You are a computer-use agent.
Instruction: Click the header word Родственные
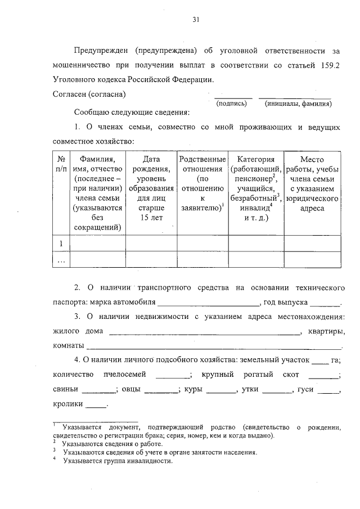[202, 159]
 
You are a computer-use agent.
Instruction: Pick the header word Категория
[255, 159]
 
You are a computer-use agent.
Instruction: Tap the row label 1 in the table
[61, 243]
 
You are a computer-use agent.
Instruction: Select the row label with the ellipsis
[61, 260]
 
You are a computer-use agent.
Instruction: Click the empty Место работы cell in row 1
[312, 243]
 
